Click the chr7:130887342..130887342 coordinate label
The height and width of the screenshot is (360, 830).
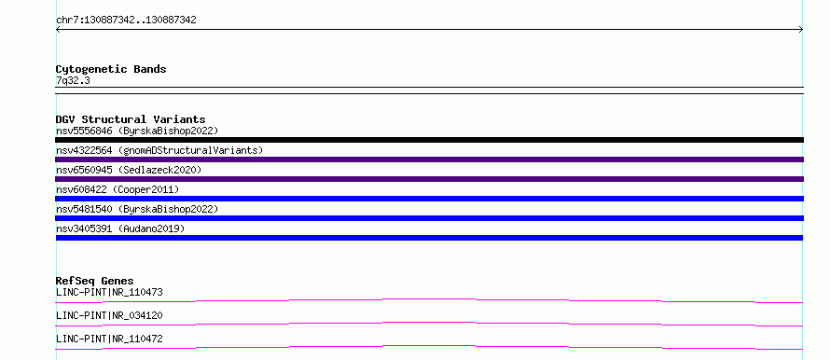tap(126, 21)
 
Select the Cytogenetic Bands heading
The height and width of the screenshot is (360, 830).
tap(111, 69)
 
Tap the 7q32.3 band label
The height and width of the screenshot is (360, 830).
tap(73, 80)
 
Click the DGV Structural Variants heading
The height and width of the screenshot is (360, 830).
tap(131, 119)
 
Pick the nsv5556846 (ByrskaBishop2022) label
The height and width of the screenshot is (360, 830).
tap(137, 131)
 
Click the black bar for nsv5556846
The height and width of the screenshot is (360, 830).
tap(429, 140)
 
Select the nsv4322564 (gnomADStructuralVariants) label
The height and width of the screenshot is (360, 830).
tap(159, 150)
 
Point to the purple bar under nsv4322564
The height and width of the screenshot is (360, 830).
tap(429, 159)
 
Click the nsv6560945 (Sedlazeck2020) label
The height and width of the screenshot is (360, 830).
tap(129, 170)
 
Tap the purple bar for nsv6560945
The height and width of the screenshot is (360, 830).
tap(429, 179)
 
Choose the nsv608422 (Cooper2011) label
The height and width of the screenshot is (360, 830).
tap(118, 189)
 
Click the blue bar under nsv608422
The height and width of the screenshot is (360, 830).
tap(429, 199)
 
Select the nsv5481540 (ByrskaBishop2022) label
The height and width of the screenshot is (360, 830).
tap(137, 209)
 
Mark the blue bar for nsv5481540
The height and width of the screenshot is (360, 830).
tap(429, 218)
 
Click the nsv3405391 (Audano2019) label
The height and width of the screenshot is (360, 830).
tap(120, 228)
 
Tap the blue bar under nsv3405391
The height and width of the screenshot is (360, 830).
tap(429, 238)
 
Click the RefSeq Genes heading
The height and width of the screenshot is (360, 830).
tap(95, 281)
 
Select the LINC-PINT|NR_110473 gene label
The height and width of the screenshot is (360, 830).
tap(109, 292)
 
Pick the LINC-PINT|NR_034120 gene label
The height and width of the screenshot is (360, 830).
tap(109, 315)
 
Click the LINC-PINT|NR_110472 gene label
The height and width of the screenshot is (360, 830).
tap(109, 339)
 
